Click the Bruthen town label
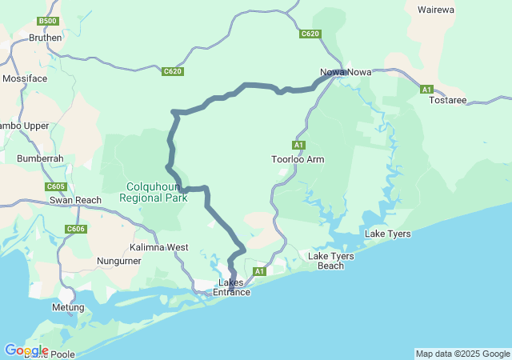(45, 38)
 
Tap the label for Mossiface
(25, 79)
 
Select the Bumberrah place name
(40, 158)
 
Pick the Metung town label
(68, 307)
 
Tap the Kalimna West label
(159, 247)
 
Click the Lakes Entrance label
(231, 287)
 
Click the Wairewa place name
(436, 10)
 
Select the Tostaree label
(447, 100)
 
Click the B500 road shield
(48, 21)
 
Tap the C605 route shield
(55, 186)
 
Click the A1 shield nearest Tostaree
(427, 89)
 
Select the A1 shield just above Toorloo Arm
(298, 145)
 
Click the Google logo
(26, 350)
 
